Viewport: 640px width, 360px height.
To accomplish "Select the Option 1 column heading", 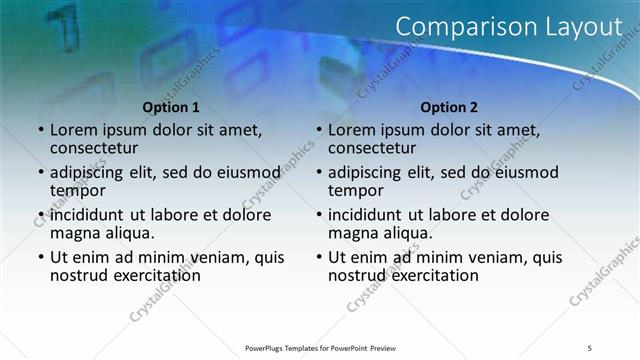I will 171,107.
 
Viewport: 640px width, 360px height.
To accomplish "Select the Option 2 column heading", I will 449,107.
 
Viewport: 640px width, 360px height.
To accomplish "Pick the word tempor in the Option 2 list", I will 356,190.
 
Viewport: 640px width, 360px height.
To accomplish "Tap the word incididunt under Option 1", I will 91,214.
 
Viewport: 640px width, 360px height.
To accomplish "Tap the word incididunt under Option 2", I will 369,214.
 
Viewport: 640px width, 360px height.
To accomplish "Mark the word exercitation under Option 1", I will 150,274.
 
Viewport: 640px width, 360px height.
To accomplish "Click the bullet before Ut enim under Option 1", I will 40,257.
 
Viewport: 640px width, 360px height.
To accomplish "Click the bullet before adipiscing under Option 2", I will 318,172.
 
